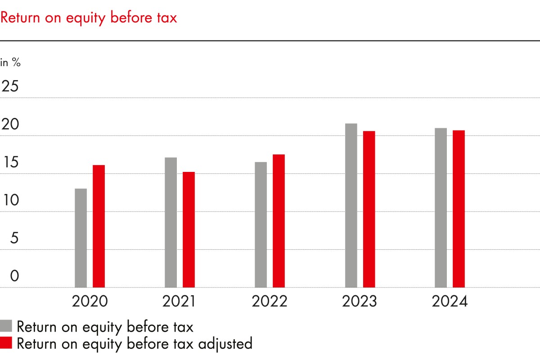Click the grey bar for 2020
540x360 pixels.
(81, 238)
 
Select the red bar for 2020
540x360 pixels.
(99, 226)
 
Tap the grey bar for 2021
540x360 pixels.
(171, 222)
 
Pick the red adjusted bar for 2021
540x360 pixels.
(189, 229)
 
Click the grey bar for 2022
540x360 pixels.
(261, 225)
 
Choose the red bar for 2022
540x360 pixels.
(279, 220)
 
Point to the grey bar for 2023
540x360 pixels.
(351, 205)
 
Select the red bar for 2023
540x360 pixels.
(369, 209)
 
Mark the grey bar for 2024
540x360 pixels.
(441, 207)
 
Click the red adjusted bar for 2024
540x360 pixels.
(459, 208)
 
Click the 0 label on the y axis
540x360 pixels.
(14, 276)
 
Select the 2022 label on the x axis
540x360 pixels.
(269, 301)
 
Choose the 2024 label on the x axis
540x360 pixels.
(450, 301)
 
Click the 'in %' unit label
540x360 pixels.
(11, 63)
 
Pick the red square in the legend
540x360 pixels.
(6, 343)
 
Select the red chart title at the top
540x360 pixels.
(89, 18)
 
